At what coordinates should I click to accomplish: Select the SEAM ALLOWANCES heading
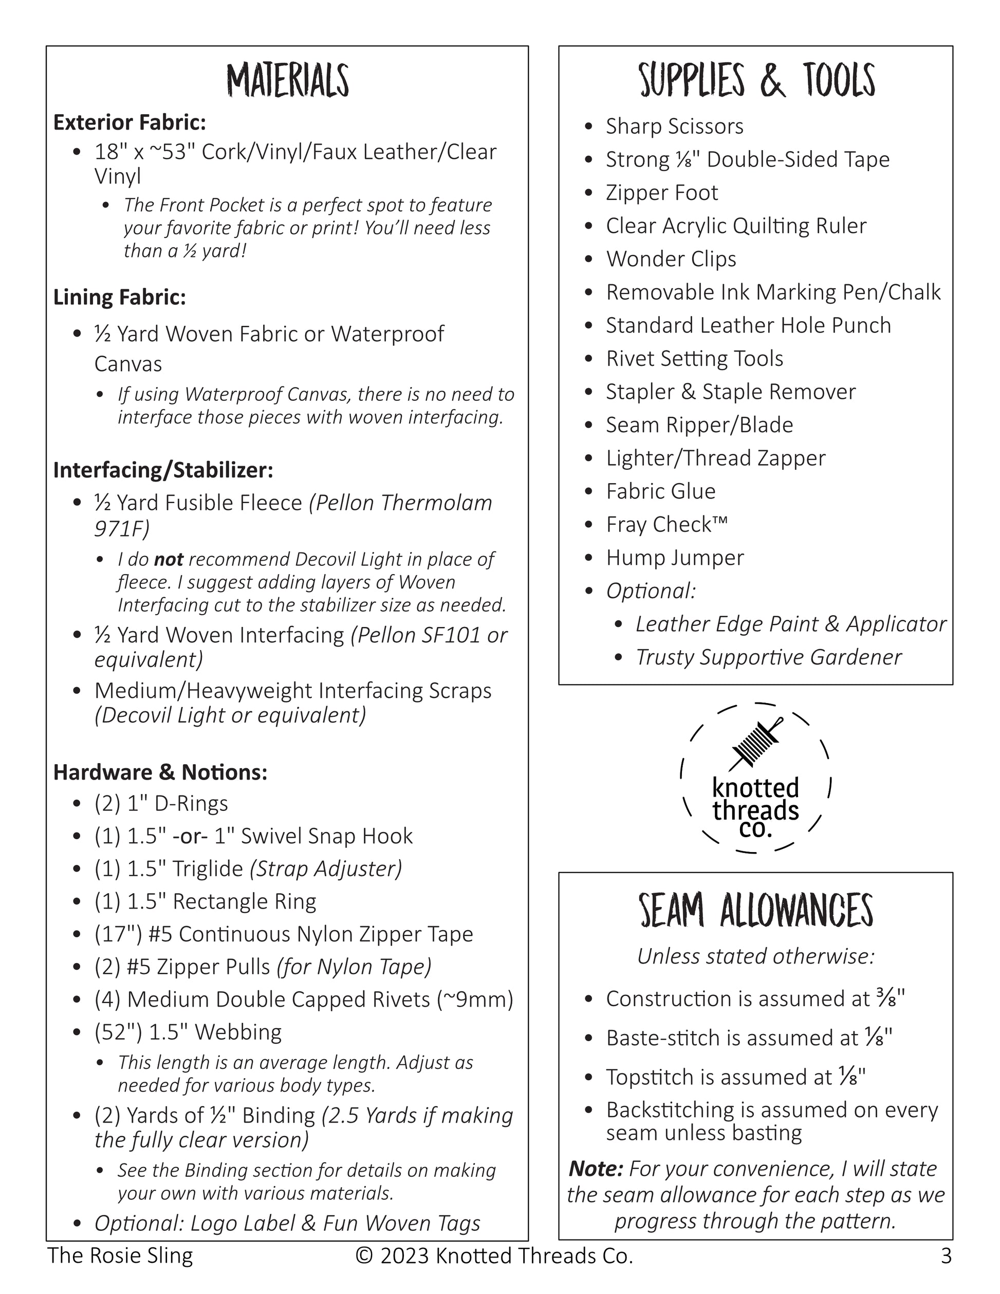point(755,911)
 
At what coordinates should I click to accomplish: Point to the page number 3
point(946,1255)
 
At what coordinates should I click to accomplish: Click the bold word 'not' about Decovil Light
point(168,559)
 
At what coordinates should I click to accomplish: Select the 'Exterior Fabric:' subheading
point(129,122)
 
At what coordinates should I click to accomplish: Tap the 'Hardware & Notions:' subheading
point(160,772)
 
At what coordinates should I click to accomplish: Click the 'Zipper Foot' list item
point(661,193)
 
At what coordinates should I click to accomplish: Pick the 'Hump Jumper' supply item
point(674,558)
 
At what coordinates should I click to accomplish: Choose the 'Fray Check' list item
point(666,524)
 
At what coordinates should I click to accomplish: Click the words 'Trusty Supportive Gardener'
point(768,657)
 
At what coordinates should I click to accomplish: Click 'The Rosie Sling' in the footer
point(120,1255)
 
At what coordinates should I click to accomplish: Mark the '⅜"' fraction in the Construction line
point(891,999)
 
